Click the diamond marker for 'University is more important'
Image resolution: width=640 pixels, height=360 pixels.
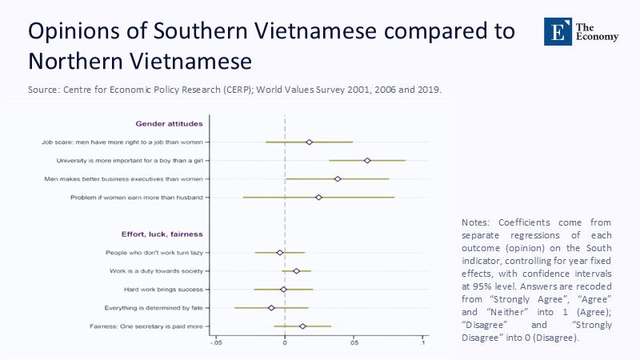367,161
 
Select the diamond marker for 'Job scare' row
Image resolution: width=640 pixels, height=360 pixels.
310,142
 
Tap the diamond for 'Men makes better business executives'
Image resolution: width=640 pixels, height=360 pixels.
338,179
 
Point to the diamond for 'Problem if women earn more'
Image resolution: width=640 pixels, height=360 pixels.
318,198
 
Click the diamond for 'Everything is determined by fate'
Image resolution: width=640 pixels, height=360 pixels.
271,308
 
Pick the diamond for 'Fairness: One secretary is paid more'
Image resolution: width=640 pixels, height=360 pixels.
302,326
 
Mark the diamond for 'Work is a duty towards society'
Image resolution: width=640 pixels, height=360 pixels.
296,271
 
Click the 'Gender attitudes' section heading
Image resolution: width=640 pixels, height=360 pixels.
169,124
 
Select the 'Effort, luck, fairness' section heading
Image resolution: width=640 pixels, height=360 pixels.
162,234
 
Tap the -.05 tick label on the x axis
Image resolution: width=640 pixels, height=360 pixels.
215,343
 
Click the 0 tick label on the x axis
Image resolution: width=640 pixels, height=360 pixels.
285,343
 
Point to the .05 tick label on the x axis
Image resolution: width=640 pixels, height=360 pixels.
354,343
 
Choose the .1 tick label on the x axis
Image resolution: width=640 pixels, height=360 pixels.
423,343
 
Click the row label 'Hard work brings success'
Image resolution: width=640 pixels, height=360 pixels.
163,290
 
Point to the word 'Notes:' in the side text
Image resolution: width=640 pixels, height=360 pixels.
478,222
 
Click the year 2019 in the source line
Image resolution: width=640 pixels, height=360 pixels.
429,90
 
